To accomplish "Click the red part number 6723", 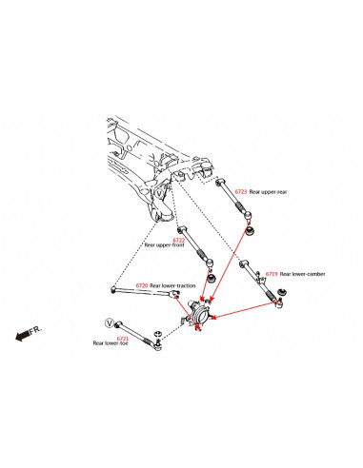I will [x=241, y=191].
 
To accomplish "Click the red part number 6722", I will [x=178, y=240].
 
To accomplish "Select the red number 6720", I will [x=142, y=285].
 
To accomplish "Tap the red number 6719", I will [x=272, y=274].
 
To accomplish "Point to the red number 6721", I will [x=123, y=338].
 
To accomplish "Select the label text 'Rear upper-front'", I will [x=162, y=245].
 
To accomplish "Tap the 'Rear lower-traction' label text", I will [x=173, y=285].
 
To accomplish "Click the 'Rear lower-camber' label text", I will [x=303, y=274].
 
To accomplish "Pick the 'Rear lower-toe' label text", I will [x=111, y=343].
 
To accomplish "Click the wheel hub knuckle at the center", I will [x=199, y=313].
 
